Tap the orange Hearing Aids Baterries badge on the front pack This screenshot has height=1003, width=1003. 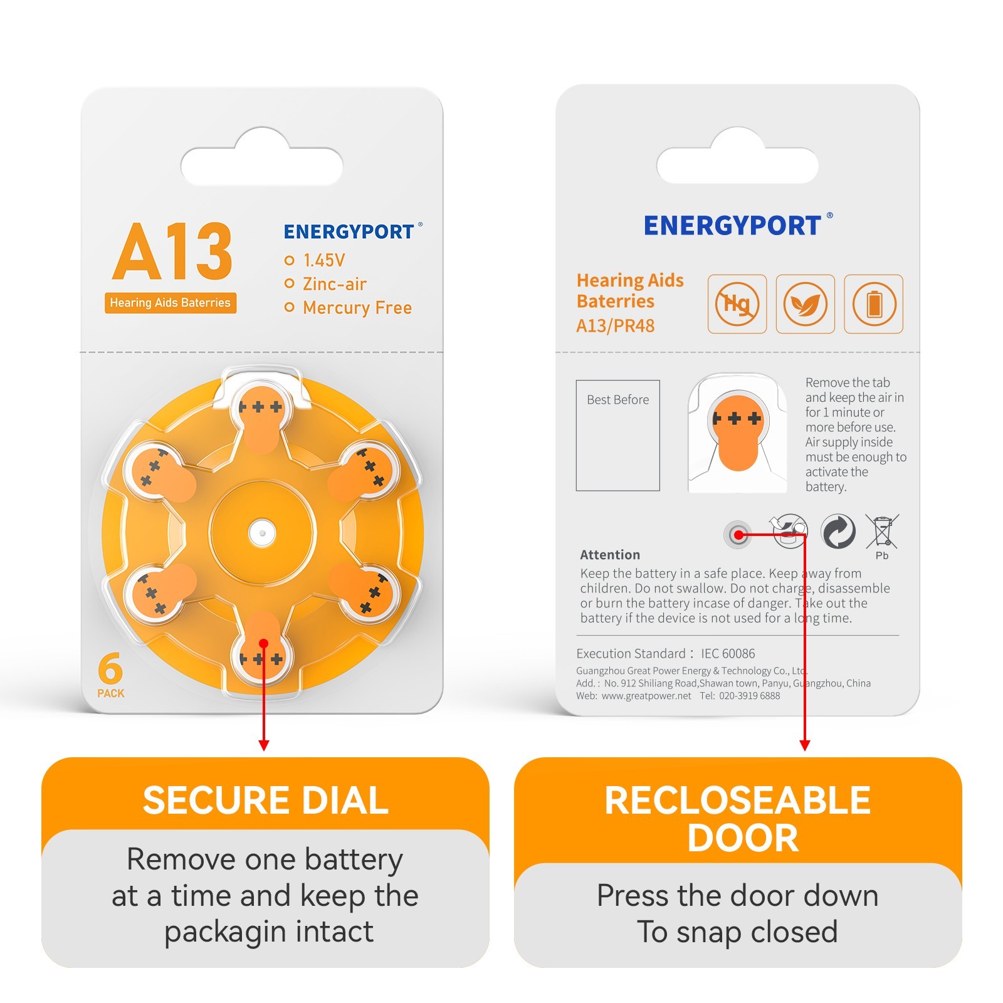[171, 303]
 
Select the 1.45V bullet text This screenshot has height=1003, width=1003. [324, 260]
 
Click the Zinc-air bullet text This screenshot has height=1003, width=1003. [335, 284]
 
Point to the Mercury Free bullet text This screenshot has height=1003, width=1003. [357, 308]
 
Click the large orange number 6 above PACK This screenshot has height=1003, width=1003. [110, 668]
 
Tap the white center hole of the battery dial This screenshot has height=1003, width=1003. [262, 533]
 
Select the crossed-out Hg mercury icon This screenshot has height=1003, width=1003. [737, 304]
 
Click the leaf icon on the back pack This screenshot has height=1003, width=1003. [806, 304]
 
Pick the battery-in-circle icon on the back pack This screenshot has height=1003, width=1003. [874, 304]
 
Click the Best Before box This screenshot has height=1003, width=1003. [618, 436]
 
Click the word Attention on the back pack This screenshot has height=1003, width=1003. [610, 555]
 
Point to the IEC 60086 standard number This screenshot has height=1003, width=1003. [728, 654]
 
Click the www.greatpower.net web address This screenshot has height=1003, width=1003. [646, 696]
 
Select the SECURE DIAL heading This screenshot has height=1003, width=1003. [266, 801]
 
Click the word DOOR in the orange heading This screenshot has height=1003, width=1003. [743, 838]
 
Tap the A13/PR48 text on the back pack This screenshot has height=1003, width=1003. [616, 326]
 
